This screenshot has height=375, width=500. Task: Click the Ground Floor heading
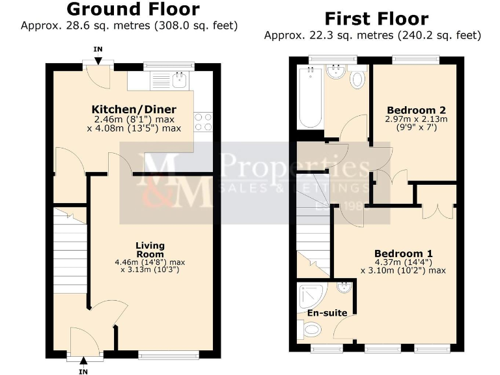(133, 9)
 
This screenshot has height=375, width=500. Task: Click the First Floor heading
(376, 18)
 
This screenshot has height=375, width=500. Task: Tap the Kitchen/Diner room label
(134, 109)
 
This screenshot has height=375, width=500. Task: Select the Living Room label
(150, 249)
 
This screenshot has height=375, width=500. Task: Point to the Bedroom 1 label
(404, 253)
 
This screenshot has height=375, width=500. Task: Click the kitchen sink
(178, 80)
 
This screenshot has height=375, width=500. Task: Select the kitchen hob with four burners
(203, 122)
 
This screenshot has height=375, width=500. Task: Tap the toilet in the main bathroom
(357, 79)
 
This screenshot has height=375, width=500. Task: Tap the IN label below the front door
(83, 371)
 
